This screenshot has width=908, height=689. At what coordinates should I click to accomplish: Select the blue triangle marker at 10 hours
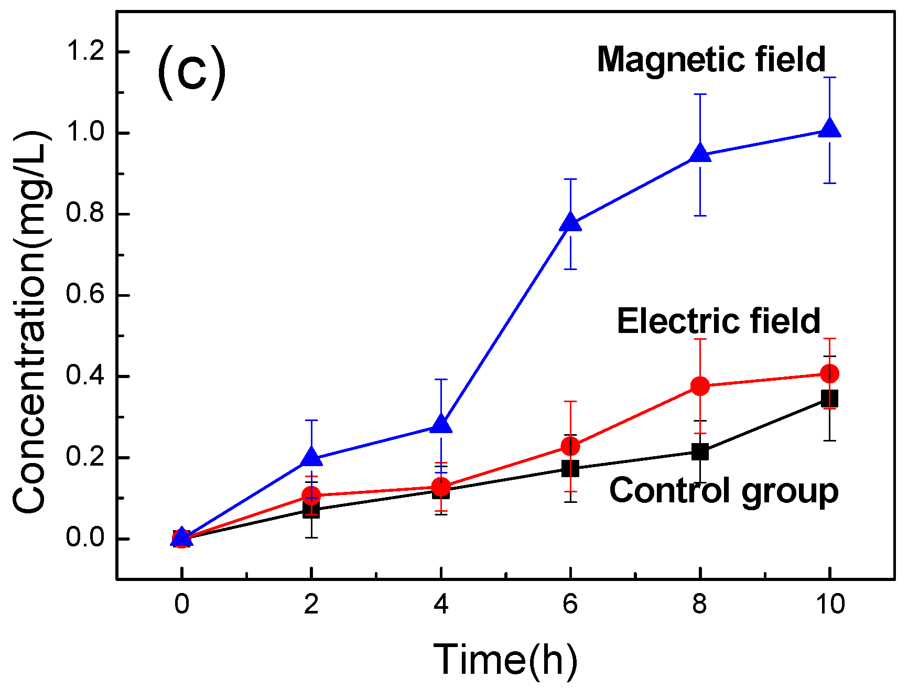(829, 129)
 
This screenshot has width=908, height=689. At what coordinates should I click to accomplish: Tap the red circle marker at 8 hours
(700, 386)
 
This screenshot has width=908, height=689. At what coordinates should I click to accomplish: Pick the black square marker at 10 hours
(829, 399)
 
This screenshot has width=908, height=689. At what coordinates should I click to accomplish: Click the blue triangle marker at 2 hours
(311, 458)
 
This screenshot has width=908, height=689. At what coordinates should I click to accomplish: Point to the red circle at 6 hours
(570, 446)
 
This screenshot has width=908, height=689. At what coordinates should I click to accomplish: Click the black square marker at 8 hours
(700, 451)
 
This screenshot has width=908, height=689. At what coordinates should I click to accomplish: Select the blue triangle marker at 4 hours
(441, 425)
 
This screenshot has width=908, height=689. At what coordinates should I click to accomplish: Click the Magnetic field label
(711, 59)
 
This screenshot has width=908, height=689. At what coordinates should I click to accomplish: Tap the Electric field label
(718, 321)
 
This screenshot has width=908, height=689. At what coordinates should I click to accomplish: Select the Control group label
(723, 491)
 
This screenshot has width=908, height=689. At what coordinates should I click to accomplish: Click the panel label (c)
(192, 72)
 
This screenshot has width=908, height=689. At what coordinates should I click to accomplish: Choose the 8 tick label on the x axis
(700, 605)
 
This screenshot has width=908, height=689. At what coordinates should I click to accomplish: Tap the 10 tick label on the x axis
(830, 605)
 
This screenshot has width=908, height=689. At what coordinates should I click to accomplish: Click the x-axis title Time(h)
(505, 660)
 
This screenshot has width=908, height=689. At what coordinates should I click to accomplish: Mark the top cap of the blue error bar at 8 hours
(700, 94)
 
